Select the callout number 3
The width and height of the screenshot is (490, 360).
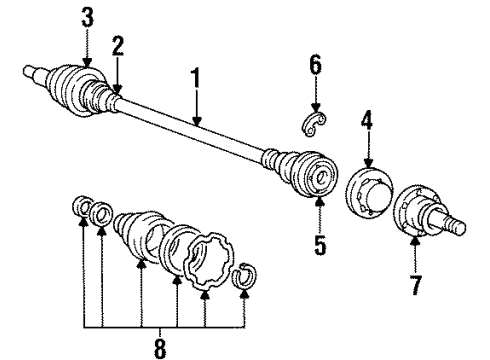click(88, 17)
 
